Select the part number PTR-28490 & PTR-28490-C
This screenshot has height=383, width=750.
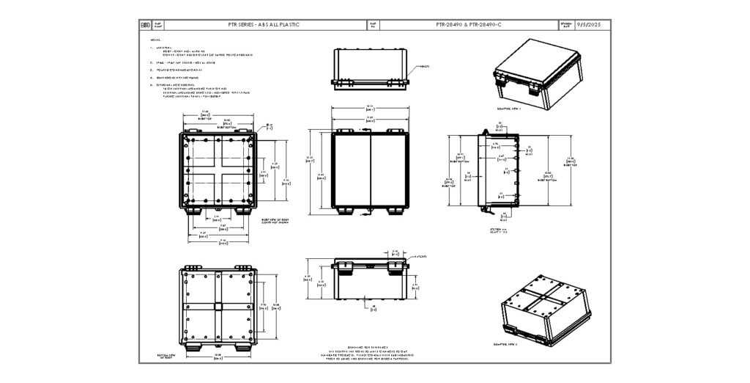(x=468, y=24)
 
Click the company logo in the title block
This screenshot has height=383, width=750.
(x=144, y=24)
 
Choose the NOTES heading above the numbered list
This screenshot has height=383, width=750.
(x=155, y=40)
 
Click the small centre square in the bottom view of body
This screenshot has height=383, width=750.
(x=218, y=305)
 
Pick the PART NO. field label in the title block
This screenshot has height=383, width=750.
(x=374, y=24)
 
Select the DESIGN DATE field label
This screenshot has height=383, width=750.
(x=565, y=24)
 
